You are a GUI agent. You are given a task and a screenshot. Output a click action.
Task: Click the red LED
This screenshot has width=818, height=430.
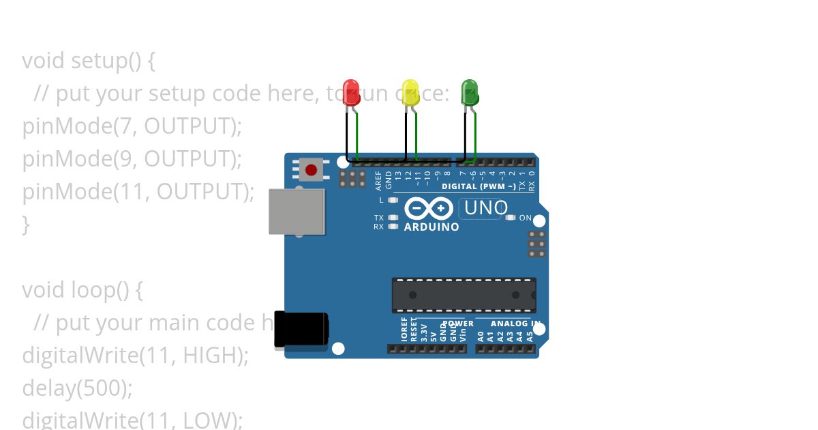click(x=351, y=92)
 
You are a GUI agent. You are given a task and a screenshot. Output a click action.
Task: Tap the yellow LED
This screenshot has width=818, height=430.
click(x=410, y=92)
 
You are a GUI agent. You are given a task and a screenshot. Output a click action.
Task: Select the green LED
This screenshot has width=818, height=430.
click(x=470, y=92)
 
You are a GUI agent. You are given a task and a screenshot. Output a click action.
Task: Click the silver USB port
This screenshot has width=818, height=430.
click(x=297, y=212)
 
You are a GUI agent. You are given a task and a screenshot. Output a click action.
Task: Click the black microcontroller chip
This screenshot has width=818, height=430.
click(x=464, y=295)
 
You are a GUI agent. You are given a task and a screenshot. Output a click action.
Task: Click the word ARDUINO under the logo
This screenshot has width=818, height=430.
click(x=431, y=227)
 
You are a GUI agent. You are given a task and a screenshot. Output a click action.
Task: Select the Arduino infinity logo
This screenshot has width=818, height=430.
click(x=428, y=207)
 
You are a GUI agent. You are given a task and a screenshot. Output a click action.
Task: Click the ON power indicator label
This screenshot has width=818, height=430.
click(x=526, y=218)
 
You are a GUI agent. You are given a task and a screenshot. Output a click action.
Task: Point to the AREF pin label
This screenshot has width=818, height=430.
click(x=379, y=180)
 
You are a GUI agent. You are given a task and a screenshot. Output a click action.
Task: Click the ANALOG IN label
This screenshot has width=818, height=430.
click(x=516, y=324)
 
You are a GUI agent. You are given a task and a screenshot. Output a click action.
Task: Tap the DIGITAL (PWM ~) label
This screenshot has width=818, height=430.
click(x=479, y=186)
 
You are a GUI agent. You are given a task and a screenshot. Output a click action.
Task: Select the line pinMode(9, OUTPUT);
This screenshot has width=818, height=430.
click(x=132, y=159)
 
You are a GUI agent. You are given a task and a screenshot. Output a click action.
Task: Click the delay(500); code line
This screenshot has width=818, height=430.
click(x=77, y=388)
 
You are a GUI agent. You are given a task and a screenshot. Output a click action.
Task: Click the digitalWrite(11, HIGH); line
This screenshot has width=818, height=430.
click(x=136, y=356)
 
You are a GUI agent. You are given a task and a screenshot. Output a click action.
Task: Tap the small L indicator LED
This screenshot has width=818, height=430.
click(x=392, y=200)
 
